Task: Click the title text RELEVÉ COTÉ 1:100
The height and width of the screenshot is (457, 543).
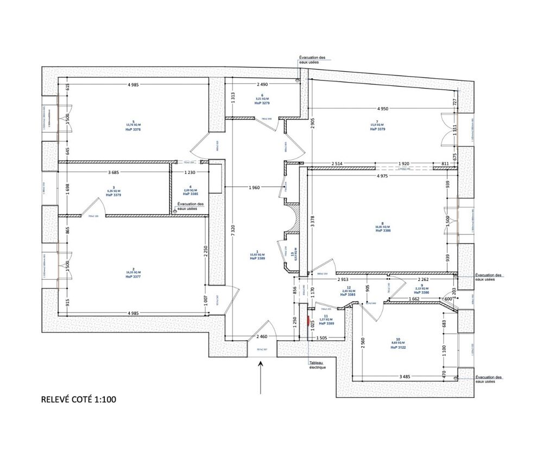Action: click(78, 399)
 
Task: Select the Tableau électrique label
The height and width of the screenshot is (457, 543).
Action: click(317, 365)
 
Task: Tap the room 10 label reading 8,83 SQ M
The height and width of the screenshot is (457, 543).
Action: click(398, 343)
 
